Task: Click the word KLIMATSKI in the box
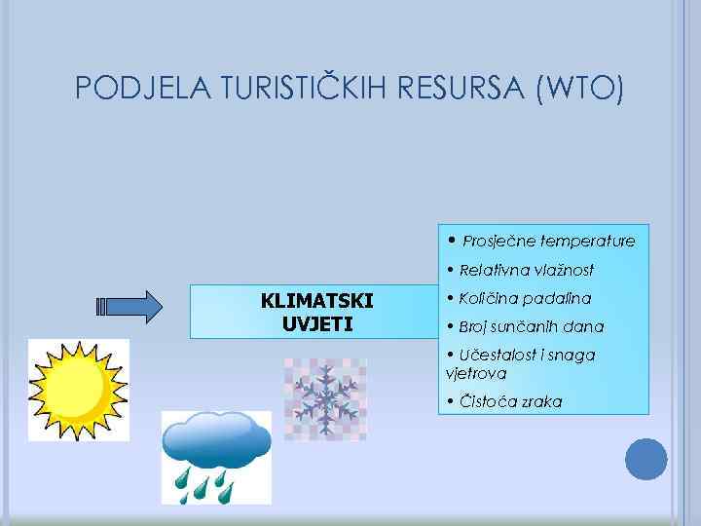(x=316, y=300)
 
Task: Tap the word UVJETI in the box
(x=316, y=323)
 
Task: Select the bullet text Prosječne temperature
(x=548, y=241)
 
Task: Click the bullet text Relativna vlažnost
(x=526, y=270)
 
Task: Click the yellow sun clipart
(x=77, y=390)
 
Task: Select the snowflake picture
(x=324, y=397)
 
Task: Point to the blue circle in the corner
(x=646, y=459)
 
